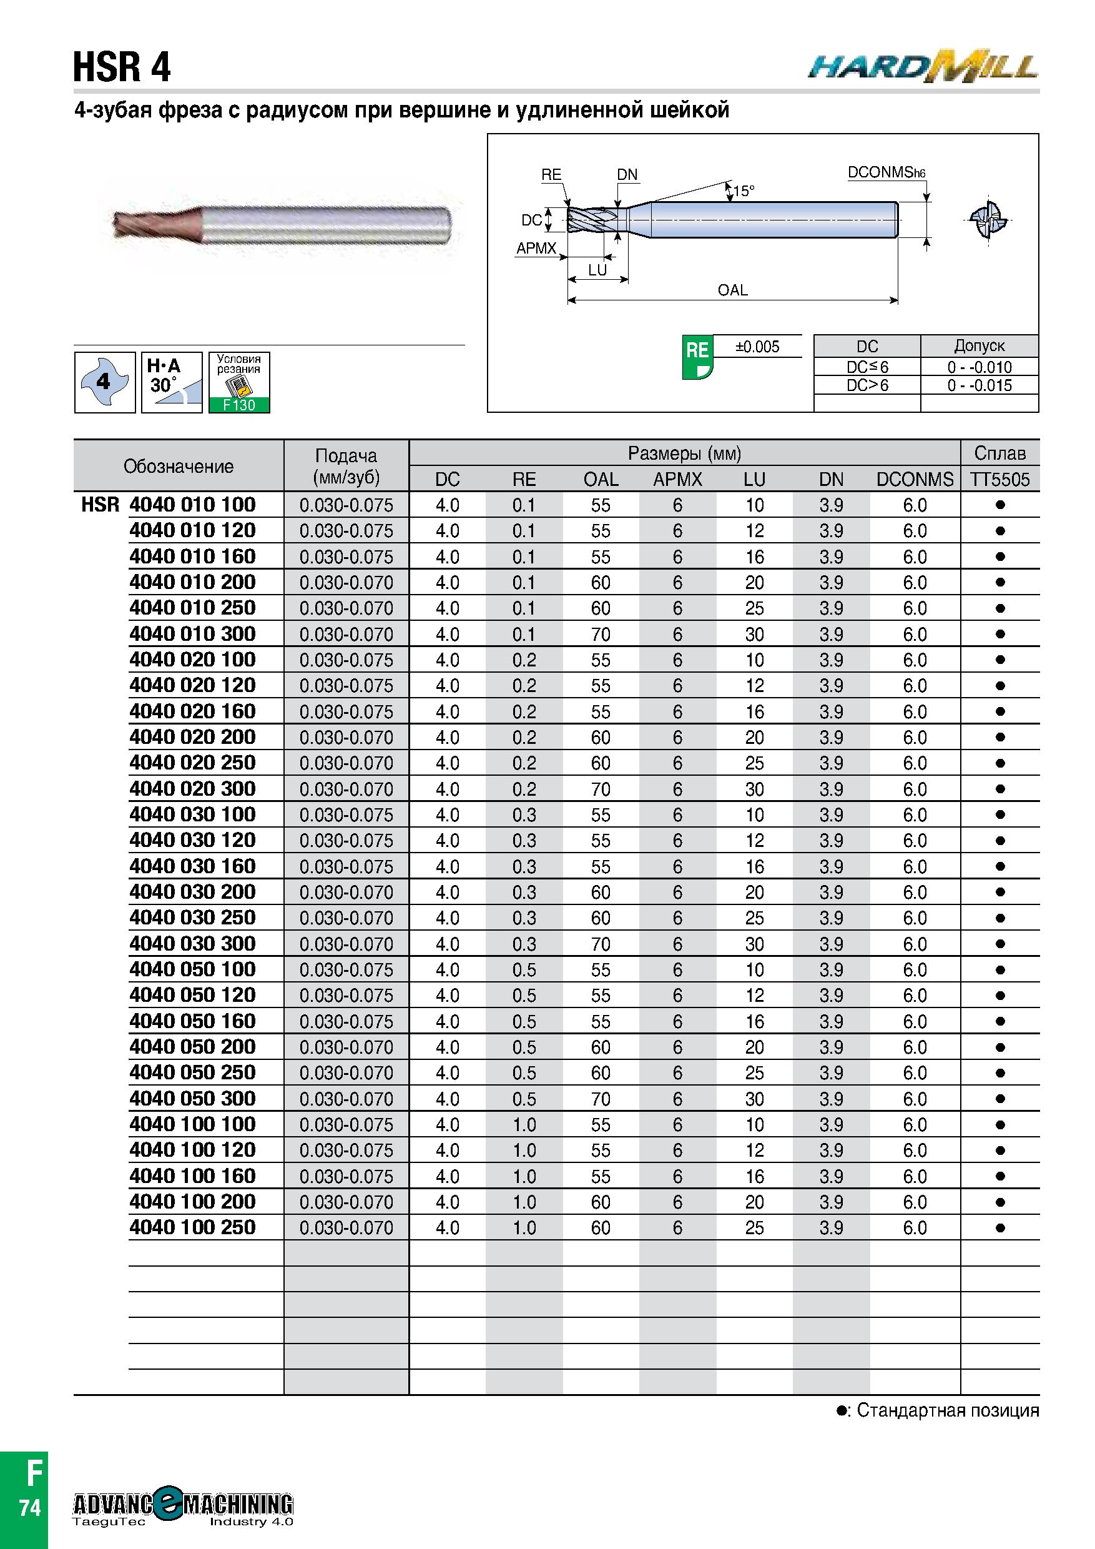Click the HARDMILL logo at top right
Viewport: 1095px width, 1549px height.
coord(923,67)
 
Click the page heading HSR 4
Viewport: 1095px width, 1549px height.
coord(122,67)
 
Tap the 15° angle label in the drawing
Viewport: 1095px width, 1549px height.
coord(743,191)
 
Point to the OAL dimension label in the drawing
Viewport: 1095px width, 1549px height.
coord(732,290)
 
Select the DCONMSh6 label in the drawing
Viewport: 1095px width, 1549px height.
coord(886,173)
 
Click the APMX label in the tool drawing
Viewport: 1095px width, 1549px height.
coord(537,248)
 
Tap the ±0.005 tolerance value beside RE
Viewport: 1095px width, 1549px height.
coord(757,347)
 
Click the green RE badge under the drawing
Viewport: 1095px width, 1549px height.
coord(697,356)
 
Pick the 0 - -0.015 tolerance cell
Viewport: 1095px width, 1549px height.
coord(980,385)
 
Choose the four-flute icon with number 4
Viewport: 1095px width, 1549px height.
coord(104,382)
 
